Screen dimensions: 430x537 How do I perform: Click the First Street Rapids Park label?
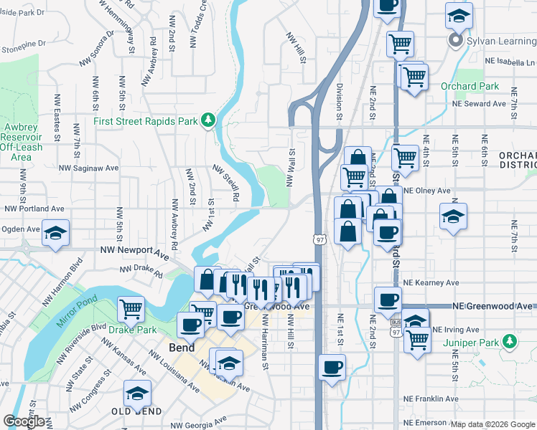click(145, 121)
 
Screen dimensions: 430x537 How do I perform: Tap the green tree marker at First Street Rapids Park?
click(208, 120)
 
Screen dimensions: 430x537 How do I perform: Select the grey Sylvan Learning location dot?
click(454, 40)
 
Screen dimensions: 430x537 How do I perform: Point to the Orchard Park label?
click(470, 87)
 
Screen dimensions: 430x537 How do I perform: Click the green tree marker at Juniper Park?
click(510, 341)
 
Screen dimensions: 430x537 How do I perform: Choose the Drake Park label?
click(132, 330)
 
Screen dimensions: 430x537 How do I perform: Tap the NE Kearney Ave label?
click(426, 283)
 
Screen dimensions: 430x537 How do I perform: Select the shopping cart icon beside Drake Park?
click(131, 309)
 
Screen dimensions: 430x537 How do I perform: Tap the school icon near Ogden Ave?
click(55, 234)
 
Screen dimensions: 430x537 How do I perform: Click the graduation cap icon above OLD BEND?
click(137, 392)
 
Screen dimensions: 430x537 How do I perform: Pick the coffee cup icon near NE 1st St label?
click(332, 368)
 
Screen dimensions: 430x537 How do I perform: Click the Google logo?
click(24, 421)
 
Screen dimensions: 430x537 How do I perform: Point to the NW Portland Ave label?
click(34, 209)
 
